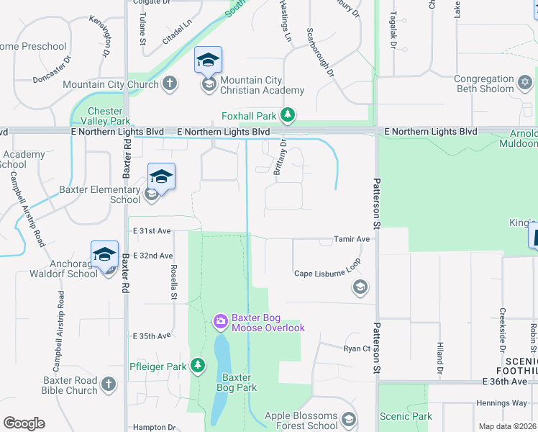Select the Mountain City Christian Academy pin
point(208,61)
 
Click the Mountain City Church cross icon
point(170,84)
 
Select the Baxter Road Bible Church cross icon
point(108,384)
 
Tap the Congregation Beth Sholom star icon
point(526,84)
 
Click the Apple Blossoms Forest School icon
point(349,419)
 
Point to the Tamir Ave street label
point(352,239)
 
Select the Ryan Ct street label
point(357,348)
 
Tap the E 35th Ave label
point(152,336)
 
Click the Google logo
point(24,423)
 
